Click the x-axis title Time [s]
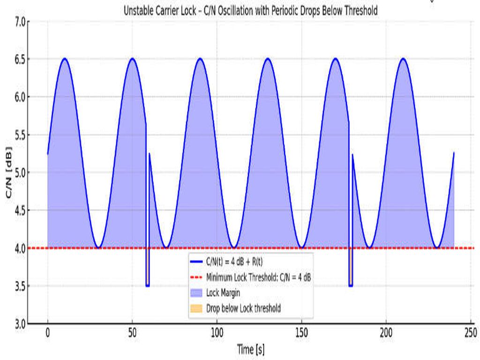tap(250, 349)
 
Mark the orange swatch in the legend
tap(197, 308)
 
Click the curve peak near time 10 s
tap(65, 59)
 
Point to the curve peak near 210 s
tap(403, 59)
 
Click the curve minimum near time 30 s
tap(98, 247)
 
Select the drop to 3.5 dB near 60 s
tap(148, 285)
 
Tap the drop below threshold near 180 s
tap(351, 285)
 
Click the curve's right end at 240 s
tap(454, 152)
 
